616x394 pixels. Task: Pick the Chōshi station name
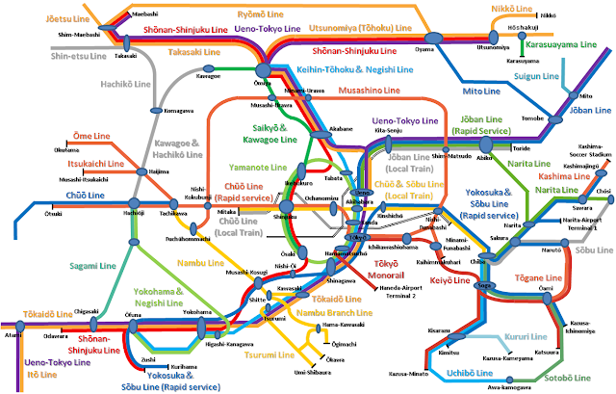pos(603,191)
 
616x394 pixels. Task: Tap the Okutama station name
pos(67,149)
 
